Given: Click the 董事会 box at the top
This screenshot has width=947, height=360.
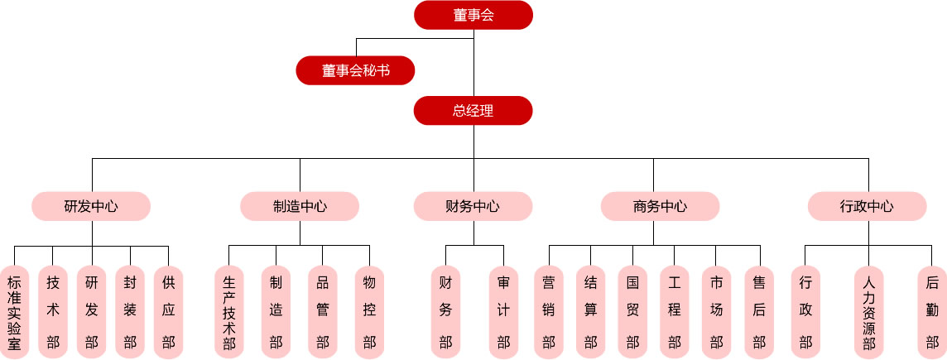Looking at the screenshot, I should (x=473, y=15).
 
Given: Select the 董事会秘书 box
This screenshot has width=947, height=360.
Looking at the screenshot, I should (x=355, y=70).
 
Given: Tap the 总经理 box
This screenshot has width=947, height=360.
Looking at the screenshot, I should (x=473, y=111).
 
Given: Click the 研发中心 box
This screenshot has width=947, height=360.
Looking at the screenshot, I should (x=91, y=206).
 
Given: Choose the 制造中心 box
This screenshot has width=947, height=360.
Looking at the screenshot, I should (x=300, y=206).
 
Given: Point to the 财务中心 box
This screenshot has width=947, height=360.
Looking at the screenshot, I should (x=473, y=206).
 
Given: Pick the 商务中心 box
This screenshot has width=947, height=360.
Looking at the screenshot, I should (x=660, y=206).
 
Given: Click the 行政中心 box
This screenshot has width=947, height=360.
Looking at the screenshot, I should (x=867, y=206).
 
